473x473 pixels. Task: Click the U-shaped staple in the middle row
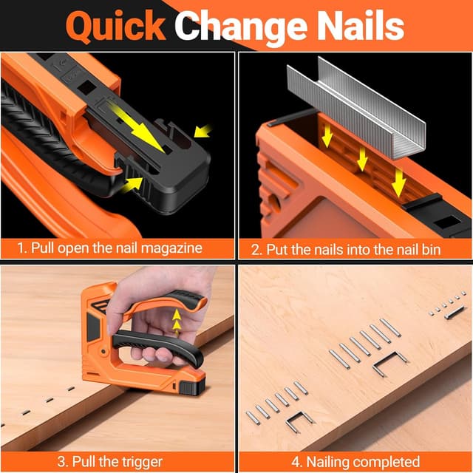pos(390,360)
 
